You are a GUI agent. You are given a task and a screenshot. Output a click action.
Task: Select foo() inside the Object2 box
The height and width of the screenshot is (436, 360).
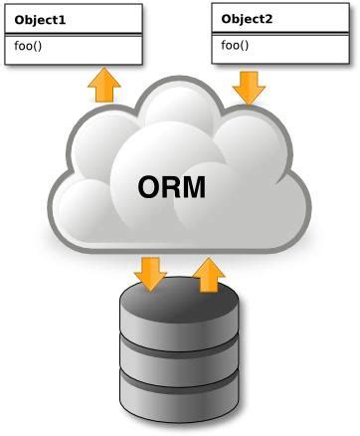(235, 45)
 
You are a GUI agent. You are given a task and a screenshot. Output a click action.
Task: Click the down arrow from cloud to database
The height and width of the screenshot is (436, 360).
(151, 273)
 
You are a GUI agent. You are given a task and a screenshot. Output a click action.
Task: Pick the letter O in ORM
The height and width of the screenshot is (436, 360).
(149, 187)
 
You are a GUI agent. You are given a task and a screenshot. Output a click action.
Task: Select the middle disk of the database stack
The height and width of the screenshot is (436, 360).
(180, 354)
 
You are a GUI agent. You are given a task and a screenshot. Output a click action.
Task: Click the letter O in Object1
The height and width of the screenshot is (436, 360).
(20, 19)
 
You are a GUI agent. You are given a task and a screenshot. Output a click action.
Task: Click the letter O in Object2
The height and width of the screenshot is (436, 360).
(227, 19)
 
